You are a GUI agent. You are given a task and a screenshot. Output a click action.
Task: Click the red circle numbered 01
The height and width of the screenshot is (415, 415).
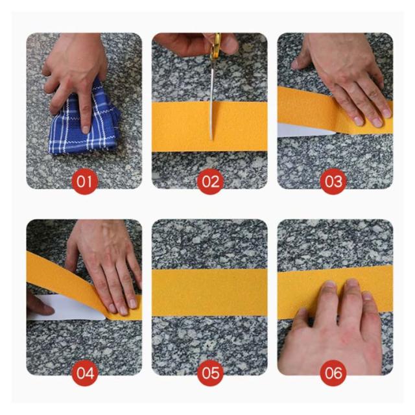pyautogui.click(x=85, y=182)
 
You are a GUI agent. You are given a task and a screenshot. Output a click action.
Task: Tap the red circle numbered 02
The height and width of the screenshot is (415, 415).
pyautogui.click(x=210, y=182)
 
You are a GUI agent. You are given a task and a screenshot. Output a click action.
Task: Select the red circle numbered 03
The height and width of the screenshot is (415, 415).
pyautogui.click(x=333, y=182)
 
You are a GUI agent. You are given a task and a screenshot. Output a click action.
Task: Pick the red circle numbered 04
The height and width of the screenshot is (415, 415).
pyautogui.click(x=85, y=373)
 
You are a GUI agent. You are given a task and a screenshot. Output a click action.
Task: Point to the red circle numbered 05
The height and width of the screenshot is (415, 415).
pyautogui.click(x=210, y=373)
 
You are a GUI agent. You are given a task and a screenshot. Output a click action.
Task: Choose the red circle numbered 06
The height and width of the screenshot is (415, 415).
pyautogui.click(x=333, y=373)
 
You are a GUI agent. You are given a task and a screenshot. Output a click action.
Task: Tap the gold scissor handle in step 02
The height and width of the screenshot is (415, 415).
pyautogui.click(x=216, y=45)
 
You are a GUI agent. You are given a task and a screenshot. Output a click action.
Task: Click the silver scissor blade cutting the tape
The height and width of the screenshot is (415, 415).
pyautogui.click(x=212, y=101)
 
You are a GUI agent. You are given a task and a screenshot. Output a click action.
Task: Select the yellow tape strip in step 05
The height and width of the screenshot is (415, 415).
pyautogui.click(x=209, y=292)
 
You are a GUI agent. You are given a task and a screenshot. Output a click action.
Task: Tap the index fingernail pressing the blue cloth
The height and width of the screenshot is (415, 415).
pyautogui.click(x=86, y=130)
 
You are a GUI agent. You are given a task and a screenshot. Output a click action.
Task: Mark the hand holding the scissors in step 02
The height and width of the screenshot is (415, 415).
pyautogui.click(x=196, y=43)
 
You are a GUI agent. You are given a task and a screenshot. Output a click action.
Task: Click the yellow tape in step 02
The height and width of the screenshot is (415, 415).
pyautogui.click(x=209, y=126)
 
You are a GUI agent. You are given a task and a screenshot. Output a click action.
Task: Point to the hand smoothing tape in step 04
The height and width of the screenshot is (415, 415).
pyautogui.click(x=106, y=265)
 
